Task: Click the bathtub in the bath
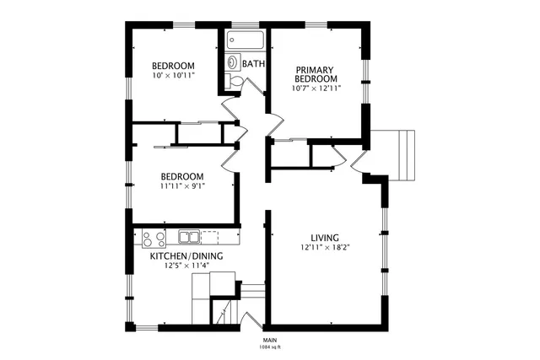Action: [246, 40]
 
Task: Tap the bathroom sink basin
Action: [232, 62]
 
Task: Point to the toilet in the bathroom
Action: [237, 80]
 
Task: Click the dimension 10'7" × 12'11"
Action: [316, 88]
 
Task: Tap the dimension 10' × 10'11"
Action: [174, 76]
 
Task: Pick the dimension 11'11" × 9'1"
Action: [182, 186]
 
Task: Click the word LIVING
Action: [325, 238]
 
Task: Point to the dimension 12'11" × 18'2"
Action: [325, 248]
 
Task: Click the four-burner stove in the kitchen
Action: [153, 237]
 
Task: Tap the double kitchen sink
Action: [190, 237]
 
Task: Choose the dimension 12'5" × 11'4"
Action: [186, 266]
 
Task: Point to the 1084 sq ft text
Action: [270, 347]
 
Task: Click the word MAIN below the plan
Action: [270, 340]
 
